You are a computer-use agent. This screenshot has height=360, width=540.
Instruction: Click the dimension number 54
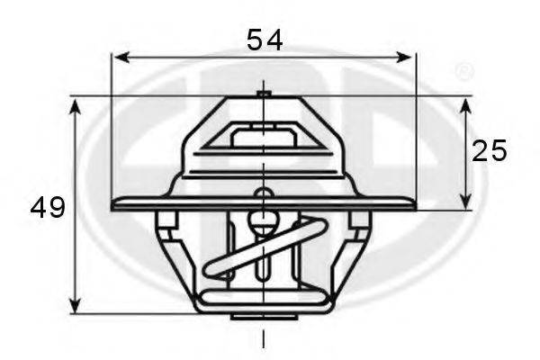[x=265, y=40]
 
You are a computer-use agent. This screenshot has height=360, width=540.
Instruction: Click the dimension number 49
[x=48, y=207]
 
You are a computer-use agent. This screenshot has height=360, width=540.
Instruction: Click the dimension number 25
[x=489, y=151]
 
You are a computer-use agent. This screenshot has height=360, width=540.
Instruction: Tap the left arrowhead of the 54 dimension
[x=121, y=58]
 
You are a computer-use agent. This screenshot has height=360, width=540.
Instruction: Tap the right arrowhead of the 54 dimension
[x=404, y=58]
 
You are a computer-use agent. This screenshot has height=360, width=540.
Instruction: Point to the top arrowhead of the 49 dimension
[x=75, y=106]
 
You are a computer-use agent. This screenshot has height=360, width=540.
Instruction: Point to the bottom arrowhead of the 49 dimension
[x=75, y=305]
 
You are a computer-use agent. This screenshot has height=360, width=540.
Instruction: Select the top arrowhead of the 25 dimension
[x=465, y=106]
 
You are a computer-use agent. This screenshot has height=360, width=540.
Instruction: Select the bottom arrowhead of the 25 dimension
[x=465, y=202]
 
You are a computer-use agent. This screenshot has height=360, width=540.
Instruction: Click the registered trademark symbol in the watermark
[x=464, y=71]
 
